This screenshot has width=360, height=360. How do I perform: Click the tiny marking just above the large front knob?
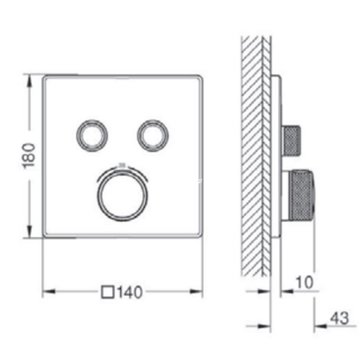tap(119, 162)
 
